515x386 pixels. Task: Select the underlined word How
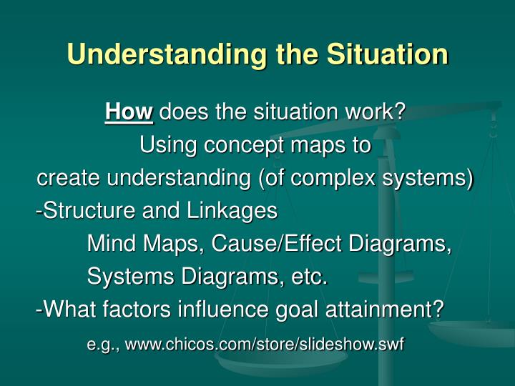tap(129, 112)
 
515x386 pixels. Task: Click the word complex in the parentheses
tap(341, 178)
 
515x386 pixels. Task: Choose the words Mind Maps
tap(144, 244)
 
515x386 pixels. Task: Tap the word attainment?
tap(381, 310)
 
